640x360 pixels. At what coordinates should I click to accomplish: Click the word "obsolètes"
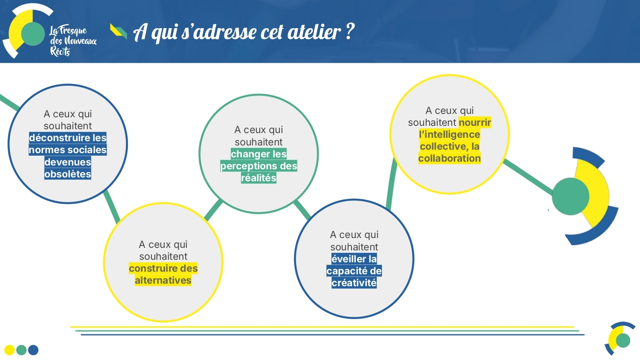tap(68, 174)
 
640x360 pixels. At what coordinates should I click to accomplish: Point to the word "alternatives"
tap(163, 280)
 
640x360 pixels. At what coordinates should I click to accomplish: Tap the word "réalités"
tap(259, 178)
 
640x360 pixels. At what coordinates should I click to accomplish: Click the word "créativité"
tap(354, 283)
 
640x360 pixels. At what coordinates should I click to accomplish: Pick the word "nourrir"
tap(475, 122)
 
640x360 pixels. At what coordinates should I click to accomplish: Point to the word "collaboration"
tap(449, 158)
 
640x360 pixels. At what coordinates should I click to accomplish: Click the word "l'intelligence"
tap(449, 134)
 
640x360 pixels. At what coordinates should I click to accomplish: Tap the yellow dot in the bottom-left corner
tap(9, 350)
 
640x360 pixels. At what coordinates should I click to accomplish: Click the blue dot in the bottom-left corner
tap(33, 350)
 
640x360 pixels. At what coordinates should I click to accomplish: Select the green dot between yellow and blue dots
tap(21, 350)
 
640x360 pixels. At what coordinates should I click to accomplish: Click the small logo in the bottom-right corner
tap(620, 339)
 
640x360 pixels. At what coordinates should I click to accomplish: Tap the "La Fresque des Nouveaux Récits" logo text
tap(73, 40)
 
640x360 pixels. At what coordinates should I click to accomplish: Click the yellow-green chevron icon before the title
tap(119, 31)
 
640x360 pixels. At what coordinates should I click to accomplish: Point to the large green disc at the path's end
tap(570, 196)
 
